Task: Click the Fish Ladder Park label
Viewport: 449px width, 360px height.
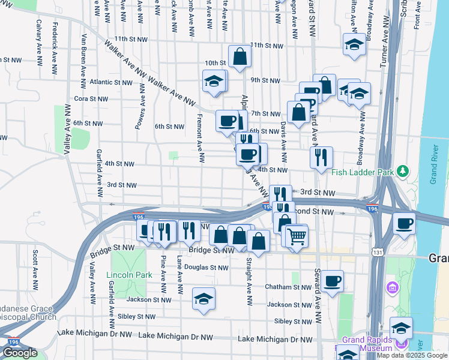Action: [x=363, y=172]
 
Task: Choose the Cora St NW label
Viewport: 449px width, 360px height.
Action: [x=91, y=98]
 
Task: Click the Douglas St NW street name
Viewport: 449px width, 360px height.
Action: [x=206, y=268]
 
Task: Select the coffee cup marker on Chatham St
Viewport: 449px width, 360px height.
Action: [x=331, y=281]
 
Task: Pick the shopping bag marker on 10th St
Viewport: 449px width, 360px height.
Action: [x=240, y=58]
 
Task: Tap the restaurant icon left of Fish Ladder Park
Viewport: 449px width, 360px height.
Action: [x=321, y=157]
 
